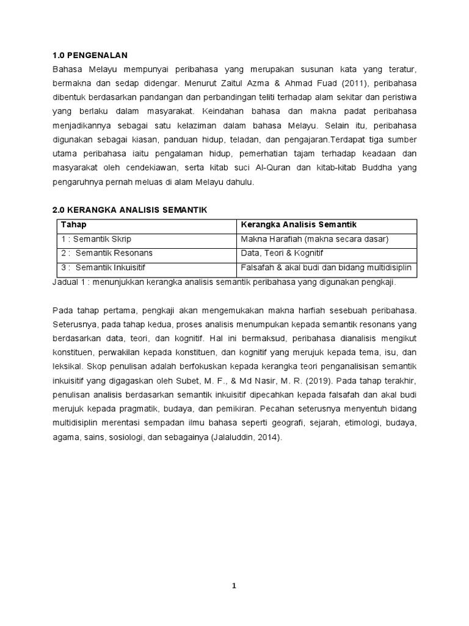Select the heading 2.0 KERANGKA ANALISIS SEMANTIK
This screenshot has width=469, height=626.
click(130, 210)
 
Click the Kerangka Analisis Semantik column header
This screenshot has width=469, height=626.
click(299, 225)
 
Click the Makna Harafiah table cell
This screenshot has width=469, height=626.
click(314, 239)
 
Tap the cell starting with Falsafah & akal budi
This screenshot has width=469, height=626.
click(327, 267)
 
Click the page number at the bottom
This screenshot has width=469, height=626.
click(234, 586)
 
